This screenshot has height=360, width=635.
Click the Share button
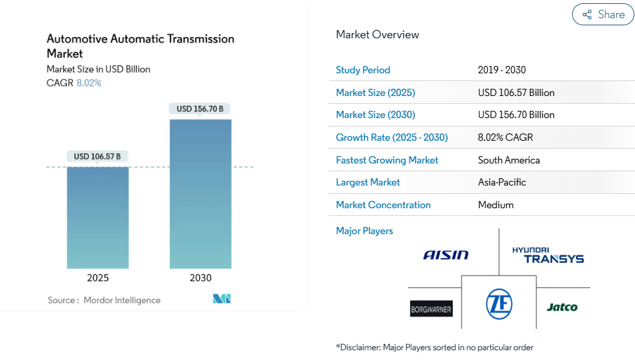click(x=603, y=14)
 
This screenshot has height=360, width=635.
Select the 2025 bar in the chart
click(x=97, y=217)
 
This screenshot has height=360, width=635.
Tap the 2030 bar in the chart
click(x=200, y=193)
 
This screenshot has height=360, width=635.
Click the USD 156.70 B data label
click(x=200, y=109)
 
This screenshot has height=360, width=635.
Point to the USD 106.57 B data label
click(x=97, y=156)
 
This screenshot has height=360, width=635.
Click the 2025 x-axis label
click(x=97, y=278)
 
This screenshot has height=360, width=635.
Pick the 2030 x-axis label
click(x=200, y=278)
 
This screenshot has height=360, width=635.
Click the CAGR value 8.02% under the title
click(x=89, y=83)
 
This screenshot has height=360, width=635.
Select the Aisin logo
click(x=446, y=255)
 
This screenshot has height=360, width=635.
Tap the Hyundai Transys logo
click(x=548, y=255)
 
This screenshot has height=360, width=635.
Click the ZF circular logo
click(x=499, y=304)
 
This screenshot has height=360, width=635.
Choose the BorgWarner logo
click(x=431, y=309)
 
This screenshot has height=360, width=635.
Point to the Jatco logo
click(x=562, y=307)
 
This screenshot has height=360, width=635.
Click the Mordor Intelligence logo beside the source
click(x=222, y=299)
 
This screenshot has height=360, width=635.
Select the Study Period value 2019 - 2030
click(x=502, y=70)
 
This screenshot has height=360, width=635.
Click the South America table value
click(x=509, y=160)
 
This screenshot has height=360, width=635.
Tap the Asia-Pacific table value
click(x=502, y=183)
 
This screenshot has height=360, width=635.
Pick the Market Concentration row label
click(x=383, y=205)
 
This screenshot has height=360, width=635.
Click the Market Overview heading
click(x=377, y=35)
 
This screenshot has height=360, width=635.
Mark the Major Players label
click(x=365, y=231)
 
